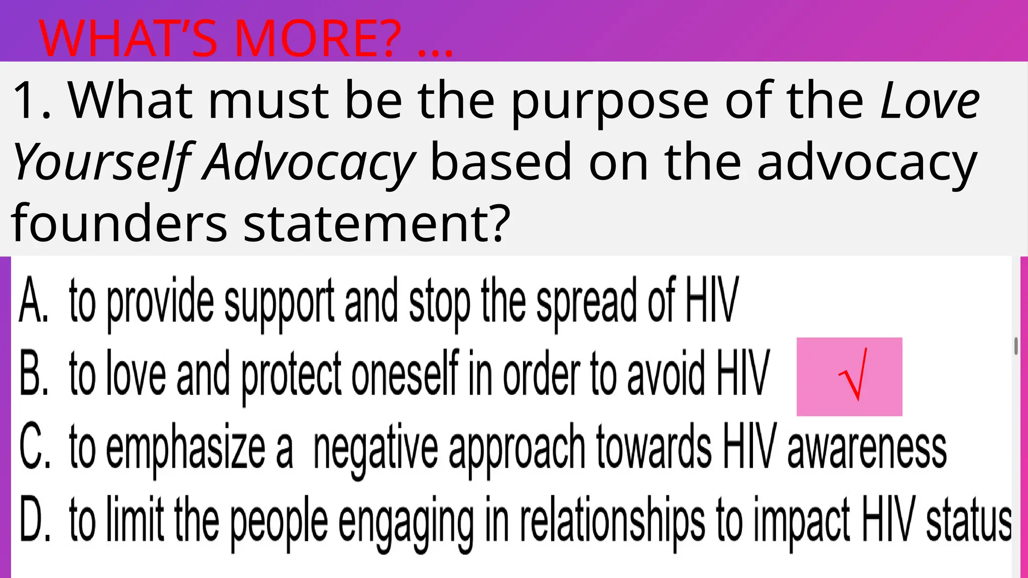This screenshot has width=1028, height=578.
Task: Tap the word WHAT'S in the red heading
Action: [128, 39]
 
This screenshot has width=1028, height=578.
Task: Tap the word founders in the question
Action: [119, 222]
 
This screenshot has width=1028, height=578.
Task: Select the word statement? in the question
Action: [376, 222]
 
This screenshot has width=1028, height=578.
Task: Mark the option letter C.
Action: [34, 447]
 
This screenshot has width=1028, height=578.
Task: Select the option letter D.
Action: [34, 519]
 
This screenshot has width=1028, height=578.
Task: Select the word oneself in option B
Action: [406, 374]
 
